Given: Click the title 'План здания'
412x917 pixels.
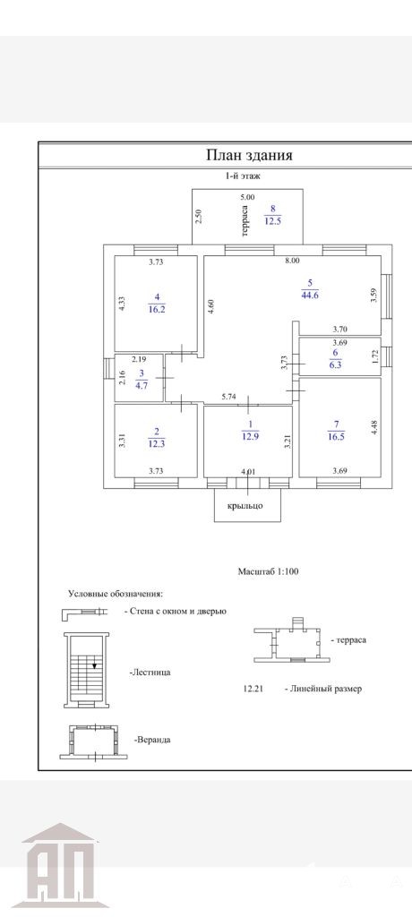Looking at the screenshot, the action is coord(249,156).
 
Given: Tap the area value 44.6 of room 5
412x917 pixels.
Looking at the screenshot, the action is coord(308,296).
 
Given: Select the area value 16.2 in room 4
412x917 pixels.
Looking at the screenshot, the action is coord(156,309).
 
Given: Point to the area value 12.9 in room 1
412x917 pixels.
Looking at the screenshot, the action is coord(249,435).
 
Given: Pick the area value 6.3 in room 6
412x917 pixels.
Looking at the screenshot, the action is coord(335,364).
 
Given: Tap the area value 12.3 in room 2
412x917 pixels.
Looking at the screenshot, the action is coord(156,442).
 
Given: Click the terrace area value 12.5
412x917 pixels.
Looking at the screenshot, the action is coord(272,222).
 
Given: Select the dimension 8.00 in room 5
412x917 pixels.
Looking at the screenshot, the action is coord(291,262).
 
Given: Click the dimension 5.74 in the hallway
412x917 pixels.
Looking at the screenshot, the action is coord(228,397).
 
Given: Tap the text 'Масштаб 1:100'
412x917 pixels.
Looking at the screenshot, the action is coord(268,571).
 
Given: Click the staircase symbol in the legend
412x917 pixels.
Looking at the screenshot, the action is coord(85,670).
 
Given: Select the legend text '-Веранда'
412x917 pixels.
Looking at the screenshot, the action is coord(152,740).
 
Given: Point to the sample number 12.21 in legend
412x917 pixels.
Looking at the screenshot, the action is coord(253,689).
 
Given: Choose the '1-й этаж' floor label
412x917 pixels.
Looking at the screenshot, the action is coord(245,176).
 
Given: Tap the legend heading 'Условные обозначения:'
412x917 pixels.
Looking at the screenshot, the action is coord(116,594).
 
